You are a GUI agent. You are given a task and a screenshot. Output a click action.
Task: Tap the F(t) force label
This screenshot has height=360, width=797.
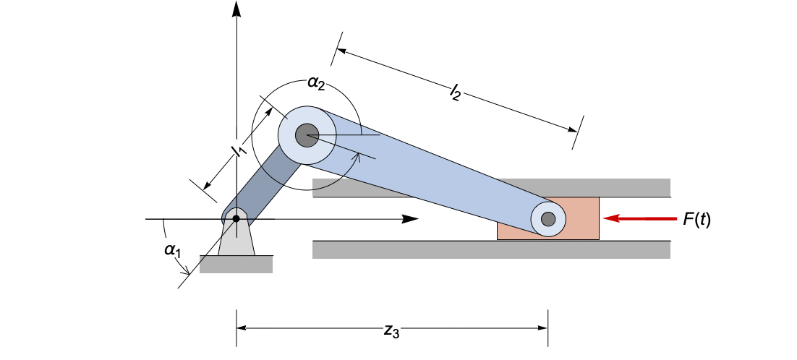pos(697,219)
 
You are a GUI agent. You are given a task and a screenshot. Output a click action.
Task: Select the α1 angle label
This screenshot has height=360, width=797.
pos(172,250)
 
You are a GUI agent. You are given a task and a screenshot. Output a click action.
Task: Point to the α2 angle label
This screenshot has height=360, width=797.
pos(316,83)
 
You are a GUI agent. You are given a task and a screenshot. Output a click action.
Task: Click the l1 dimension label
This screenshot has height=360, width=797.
pos(236,151)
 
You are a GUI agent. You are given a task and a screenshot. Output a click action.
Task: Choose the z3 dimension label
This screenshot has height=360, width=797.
pos(391,331)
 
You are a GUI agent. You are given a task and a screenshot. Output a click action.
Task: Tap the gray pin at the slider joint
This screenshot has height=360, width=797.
pos(548,218)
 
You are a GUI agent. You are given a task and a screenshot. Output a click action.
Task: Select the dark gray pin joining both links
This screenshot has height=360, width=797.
pos(307,135)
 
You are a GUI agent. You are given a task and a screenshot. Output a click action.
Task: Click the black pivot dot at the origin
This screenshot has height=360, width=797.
pos(236,218)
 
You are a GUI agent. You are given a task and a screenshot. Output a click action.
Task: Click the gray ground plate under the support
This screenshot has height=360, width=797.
pos(236,265)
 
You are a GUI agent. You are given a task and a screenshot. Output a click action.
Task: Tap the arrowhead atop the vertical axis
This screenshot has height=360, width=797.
pos(236,9)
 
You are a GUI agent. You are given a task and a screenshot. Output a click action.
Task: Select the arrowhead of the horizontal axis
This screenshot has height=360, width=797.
pos(411,218)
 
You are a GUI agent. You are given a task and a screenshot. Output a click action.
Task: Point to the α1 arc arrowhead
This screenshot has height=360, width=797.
pos(186,273)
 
